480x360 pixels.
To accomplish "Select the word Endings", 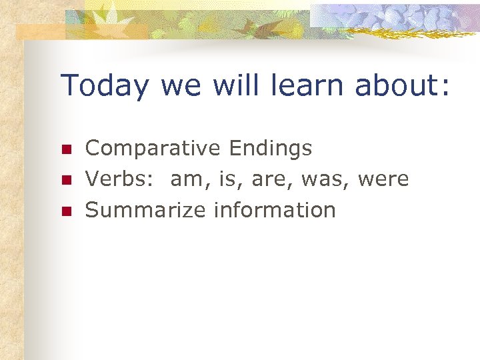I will click(270, 149).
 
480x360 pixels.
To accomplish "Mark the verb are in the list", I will click(266, 179).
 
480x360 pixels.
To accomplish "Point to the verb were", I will click(383, 179).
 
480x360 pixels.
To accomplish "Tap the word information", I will click(275, 210).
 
